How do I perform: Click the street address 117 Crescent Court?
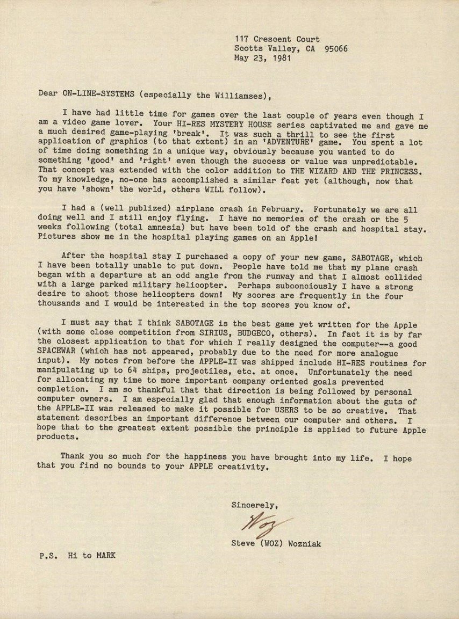(x=277, y=39)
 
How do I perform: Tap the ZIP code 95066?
(x=336, y=48)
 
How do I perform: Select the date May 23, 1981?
(x=262, y=58)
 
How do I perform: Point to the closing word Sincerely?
(x=254, y=505)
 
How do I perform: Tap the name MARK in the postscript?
(x=105, y=556)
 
